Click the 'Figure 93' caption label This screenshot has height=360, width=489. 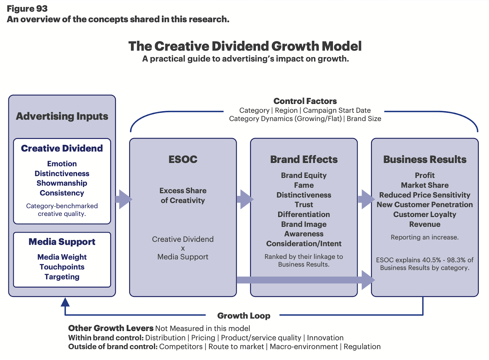(27, 9)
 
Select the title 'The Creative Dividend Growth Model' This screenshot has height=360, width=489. (245, 46)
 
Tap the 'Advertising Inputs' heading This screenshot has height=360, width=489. (62, 116)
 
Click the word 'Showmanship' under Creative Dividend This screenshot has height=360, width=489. (62, 183)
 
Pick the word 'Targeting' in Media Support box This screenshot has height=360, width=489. (62, 277)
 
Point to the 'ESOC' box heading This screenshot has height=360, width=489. (183, 159)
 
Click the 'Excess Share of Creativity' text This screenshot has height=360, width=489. (183, 196)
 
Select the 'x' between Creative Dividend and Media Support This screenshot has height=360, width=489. (183, 248)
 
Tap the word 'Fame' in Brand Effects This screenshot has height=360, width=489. (304, 185)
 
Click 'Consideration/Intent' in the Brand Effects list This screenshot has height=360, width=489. (304, 244)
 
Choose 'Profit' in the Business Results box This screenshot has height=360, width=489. (425, 175)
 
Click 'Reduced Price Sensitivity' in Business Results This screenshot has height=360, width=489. (425, 195)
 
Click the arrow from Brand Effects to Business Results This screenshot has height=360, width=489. (366, 199)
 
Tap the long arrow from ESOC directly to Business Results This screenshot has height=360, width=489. (306, 280)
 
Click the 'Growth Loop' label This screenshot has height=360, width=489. (244, 316)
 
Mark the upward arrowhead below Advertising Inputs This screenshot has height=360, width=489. (65, 302)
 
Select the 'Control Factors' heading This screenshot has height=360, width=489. (305, 101)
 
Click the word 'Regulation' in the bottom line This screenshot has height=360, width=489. (362, 347)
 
